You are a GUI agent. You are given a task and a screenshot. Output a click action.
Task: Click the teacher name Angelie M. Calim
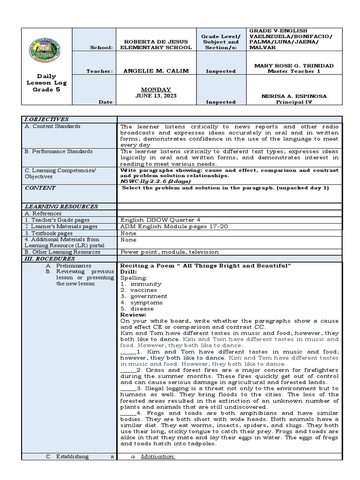(156, 71)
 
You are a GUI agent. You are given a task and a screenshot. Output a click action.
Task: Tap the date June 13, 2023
(156, 96)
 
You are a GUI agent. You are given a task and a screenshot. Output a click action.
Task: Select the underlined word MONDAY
(156, 90)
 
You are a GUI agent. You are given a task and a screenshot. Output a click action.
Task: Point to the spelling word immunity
(146, 284)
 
